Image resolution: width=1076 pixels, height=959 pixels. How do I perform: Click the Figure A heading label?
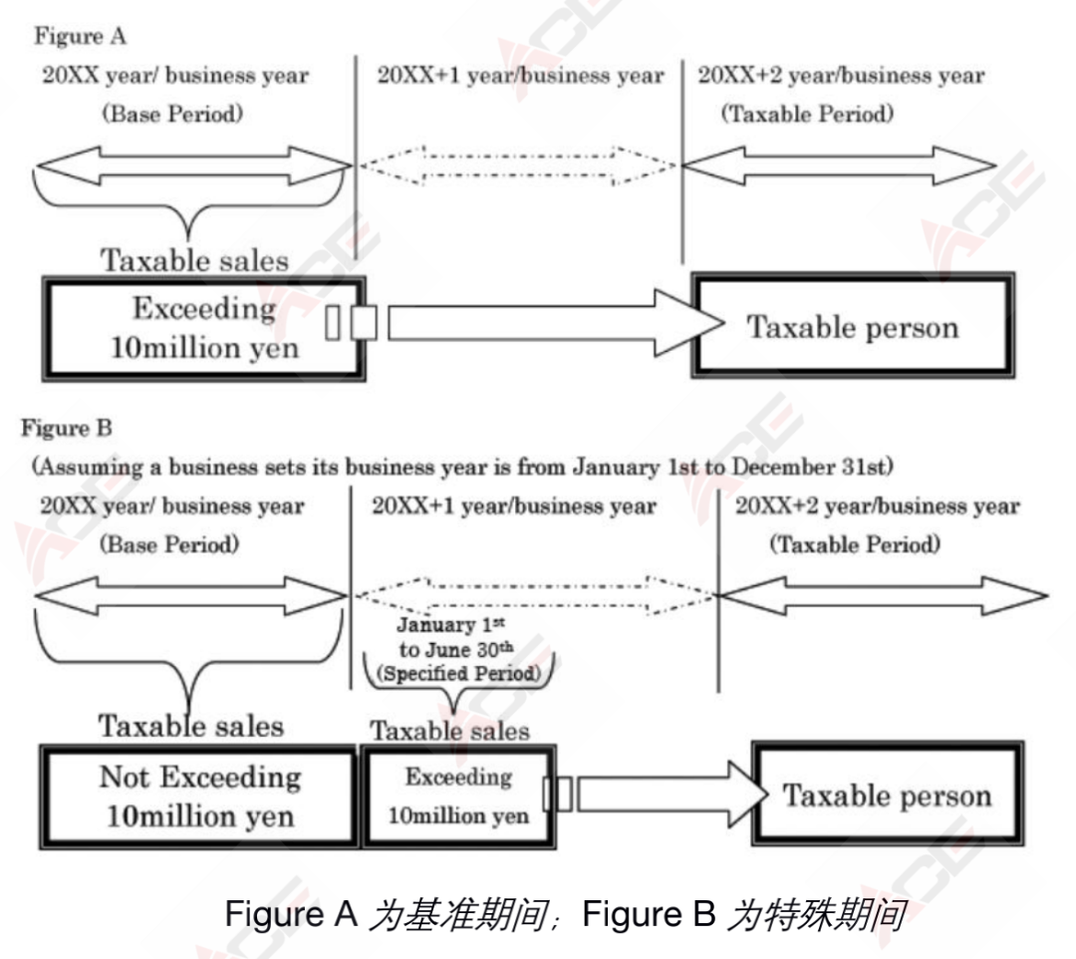81,37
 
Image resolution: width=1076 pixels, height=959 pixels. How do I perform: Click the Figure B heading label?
67,429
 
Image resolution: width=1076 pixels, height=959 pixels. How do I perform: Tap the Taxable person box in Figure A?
853,327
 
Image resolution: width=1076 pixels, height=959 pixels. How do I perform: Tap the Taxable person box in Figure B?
887,795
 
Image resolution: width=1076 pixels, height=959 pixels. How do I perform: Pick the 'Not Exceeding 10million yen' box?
198,797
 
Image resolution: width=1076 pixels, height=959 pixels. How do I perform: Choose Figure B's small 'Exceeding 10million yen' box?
457,797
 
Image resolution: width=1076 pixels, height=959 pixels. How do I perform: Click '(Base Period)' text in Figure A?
171,114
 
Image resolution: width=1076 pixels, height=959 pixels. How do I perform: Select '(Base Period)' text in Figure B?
169,544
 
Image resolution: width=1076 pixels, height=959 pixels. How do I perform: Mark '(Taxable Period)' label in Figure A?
807,114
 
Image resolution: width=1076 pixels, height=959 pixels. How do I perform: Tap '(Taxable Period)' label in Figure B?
854,544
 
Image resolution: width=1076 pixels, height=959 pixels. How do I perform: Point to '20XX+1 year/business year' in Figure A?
519,76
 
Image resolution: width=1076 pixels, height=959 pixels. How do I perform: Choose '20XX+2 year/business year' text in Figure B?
877,506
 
